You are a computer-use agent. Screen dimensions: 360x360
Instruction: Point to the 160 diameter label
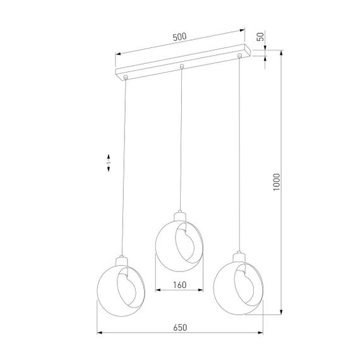(179, 284)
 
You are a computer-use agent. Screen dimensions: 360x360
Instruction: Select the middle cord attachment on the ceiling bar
(182, 66)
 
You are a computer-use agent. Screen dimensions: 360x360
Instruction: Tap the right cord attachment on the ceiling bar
(239, 57)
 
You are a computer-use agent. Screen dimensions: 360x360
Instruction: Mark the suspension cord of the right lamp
(239, 158)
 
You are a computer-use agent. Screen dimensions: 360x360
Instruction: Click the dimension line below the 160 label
(179, 291)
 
